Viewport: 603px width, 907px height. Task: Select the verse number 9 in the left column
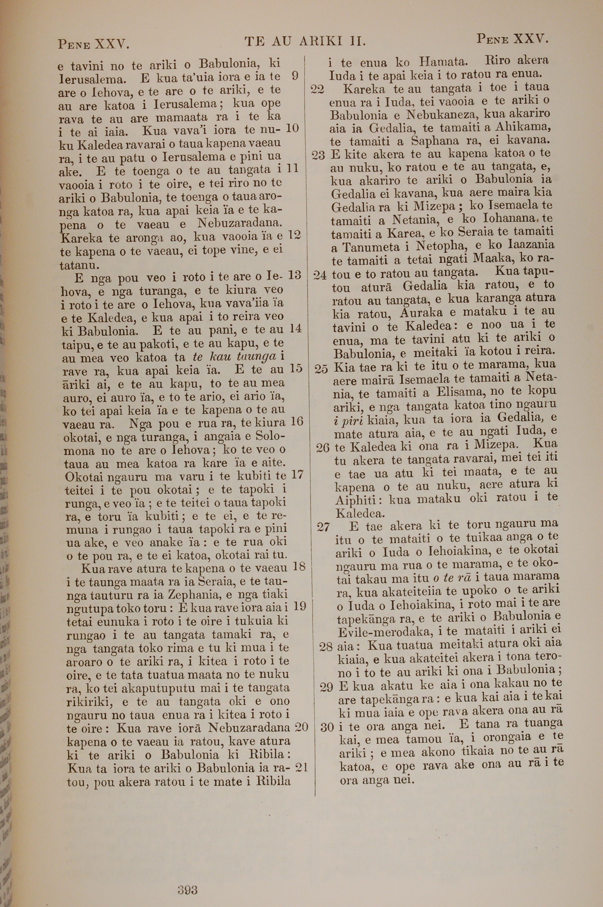pos(295,76)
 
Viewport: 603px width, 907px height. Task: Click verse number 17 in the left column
pos(297,475)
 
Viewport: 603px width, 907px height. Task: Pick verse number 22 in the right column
pos(318,90)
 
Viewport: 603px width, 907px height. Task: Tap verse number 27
pos(324,527)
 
